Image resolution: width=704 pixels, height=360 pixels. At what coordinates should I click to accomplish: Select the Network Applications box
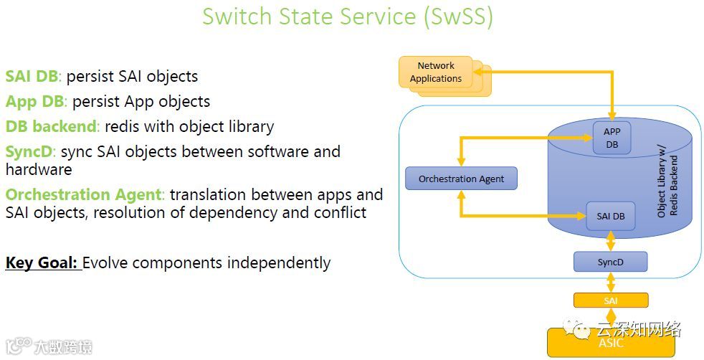[435, 72]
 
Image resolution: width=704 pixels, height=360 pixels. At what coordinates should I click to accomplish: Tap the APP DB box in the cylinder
[612, 138]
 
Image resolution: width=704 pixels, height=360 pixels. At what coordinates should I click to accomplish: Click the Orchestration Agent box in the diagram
[461, 179]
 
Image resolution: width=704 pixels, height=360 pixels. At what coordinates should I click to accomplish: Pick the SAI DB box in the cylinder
[610, 216]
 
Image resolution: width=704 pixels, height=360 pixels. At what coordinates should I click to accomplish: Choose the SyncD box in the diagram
[610, 262]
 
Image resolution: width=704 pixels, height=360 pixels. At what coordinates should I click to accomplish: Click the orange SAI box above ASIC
[611, 300]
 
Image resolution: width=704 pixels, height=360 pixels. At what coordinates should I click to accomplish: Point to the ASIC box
[611, 343]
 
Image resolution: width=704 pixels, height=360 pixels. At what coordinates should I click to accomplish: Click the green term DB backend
[52, 127]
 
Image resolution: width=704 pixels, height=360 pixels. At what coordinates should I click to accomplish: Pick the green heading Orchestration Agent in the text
[85, 194]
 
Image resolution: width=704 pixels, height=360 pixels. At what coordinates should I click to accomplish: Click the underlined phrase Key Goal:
[42, 262]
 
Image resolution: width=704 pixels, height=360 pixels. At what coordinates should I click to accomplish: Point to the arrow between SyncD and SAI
[611, 282]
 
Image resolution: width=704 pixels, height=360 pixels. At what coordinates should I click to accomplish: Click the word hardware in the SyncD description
[39, 169]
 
